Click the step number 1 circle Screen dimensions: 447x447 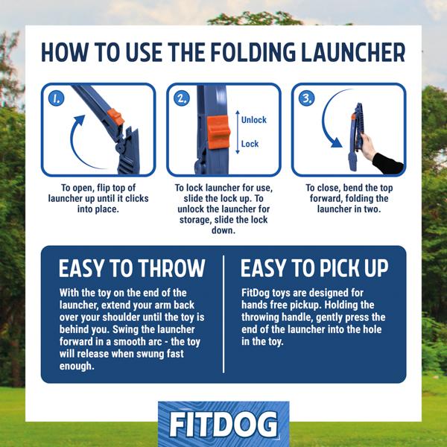(57, 98)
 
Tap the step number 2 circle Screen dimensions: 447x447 (182, 98)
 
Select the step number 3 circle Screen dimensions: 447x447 (307, 98)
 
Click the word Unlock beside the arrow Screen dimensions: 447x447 (254, 120)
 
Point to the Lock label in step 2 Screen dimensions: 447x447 (250, 144)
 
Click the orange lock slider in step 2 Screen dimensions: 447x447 (218, 133)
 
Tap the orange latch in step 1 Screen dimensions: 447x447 (115, 117)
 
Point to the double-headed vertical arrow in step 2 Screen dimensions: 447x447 (238, 133)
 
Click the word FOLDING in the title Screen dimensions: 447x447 (253, 52)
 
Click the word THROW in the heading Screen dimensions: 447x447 (172, 268)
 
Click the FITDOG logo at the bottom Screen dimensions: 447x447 (223, 424)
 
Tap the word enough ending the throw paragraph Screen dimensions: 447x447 (77, 366)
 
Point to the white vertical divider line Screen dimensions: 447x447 (223, 314)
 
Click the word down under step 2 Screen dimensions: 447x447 (223, 230)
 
